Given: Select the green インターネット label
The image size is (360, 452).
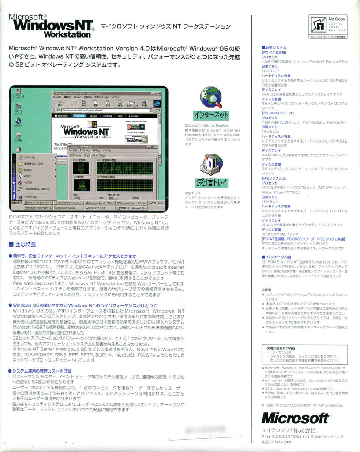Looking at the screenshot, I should pyautogui.click(x=211, y=115).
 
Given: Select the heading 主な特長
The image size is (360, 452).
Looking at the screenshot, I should pyautogui.click(x=25, y=244).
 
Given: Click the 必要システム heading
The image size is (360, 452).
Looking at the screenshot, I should pyautogui.click(x=275, y=47).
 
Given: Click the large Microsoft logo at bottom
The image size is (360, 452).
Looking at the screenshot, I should pyautogui.click(x=295, y=418).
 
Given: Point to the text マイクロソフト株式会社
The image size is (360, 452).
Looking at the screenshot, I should pyautogui.click(x=289, y=430).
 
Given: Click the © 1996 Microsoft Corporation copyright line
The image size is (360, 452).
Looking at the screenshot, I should pyautogui.click(x=302, y=405).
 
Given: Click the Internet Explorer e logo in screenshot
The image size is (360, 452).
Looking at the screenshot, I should pyautogui.click(x=156, y=103).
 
